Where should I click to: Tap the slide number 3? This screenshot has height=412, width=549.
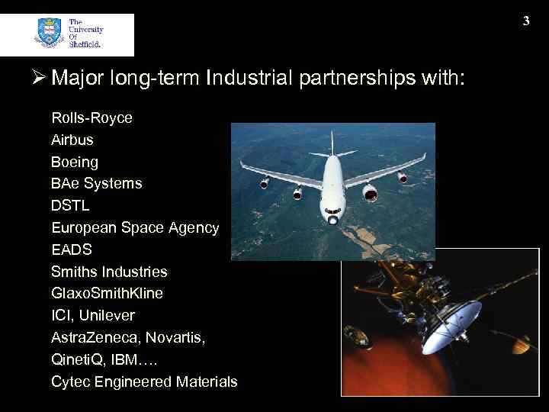tap(526, 21)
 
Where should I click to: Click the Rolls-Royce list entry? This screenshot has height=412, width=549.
tap(91, 118)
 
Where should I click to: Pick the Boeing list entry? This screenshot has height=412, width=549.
tap(75, 163)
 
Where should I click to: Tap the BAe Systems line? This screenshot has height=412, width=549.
tap(96, 184)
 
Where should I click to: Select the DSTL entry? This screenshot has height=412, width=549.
tap(71, 206)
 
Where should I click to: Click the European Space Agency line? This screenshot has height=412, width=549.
tap(135, 228)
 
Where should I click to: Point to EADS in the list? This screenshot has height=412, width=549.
tap(72, 249)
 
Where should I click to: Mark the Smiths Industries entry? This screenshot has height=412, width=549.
tap(109, 272)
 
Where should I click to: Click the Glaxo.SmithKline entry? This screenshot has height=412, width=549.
tap(107, 294)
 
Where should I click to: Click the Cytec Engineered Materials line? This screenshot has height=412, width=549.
tap(144, 381)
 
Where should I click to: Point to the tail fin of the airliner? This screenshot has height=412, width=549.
tap(332, 143)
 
